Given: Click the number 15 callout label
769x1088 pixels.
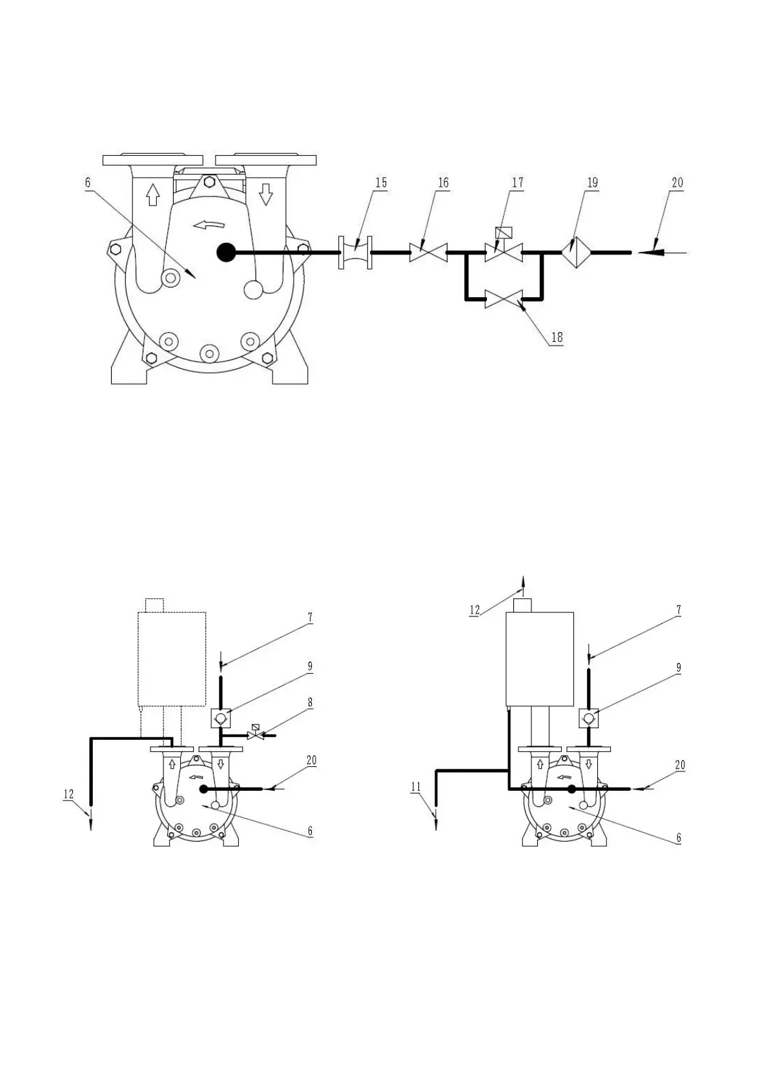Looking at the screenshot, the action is [x=381, y=183].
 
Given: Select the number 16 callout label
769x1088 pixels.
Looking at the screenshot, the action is [x=443, y=183].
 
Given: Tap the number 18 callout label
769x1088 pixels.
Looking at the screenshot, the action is [x=557, y=337].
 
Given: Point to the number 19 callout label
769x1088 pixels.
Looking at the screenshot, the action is [x=592, y=183].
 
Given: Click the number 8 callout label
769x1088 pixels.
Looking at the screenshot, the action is [x=310, y=702].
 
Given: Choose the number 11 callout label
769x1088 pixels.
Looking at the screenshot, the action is [x=416, y=787].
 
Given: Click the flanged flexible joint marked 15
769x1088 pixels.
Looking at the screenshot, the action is [x=356, y=253].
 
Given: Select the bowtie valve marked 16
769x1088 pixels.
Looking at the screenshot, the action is [x=428, y=253].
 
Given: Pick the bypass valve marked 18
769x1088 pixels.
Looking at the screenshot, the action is [x=504, y=299].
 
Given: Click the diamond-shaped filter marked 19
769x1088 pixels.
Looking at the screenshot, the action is [x=575, y=253].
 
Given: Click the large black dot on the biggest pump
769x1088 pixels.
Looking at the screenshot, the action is [x=225, y=252].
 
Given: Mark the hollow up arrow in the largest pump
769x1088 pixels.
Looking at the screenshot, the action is [x=152, y=194].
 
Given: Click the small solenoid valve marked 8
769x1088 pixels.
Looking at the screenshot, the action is [x=256, y=735].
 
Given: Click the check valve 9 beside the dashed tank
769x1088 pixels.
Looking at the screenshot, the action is [x=221, y=717].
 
